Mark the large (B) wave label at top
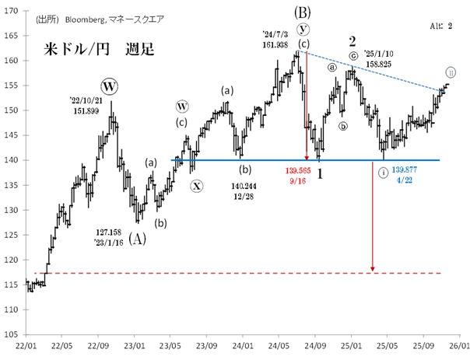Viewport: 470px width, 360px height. tap(303, 11)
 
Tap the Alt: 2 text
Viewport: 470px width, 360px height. tap(441, 26)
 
